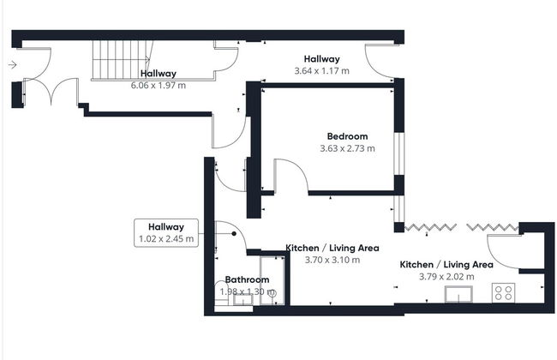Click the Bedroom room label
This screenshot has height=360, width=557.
pyautogui.click(x=347, y=136)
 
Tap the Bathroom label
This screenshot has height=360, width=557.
pyautogui.click(x=247, y=279)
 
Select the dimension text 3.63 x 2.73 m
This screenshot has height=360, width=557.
pyautogui.click(x=347, y=148)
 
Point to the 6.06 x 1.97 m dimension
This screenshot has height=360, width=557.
pyautogui.click(x=158, y=86)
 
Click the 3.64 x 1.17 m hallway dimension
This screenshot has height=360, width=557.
pyautogui.click(x=321, y=71)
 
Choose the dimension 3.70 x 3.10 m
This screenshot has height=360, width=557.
pyautogui.click(x=332, y=260)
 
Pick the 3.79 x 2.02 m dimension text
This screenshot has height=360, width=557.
pyautogui.click(x=446, y=277)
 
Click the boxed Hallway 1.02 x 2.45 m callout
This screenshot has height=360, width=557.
pyautogui.click(x=166, y=233)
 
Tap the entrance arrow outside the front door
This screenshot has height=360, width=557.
pyautogui.click(x=13, y=65)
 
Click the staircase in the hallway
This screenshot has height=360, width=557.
pyautogui.click(x=121, y=60)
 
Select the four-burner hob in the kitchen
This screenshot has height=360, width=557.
pyautogui.click(x=503, y=293)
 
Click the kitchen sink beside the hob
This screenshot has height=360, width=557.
pyautogui.click(x=458, y=295)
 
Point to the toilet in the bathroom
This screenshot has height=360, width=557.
pyautogui.click(x=222, y=293)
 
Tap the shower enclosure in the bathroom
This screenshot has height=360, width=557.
pyautogui.click(x=273, y=281)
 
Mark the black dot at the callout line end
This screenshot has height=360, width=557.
pyautogui.click(x=234, y=233)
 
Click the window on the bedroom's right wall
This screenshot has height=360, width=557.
pyautogui.click(x=399, y=153)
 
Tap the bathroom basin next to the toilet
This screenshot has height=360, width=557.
pyautogui.click(x=243, y=300)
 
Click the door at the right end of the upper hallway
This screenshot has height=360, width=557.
pyautogui.click(x=380, y=61)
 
